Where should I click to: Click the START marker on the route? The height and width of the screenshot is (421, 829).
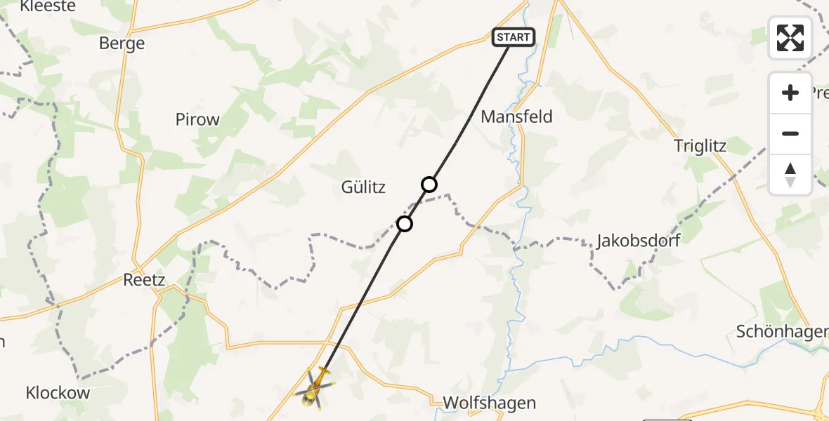click(x=514, y=37)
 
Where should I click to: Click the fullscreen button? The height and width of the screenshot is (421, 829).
click(x=790, y=38)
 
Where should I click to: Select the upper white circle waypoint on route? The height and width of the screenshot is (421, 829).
click(x=429, y=185)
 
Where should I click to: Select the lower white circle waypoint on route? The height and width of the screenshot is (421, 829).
click(x=405, y=224)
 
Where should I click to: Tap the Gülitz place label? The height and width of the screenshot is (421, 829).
click(x=363, y=187)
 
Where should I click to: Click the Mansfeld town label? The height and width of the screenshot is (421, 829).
click(x=516, y=116)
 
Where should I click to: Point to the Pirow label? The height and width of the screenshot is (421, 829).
click(x=197, y=119)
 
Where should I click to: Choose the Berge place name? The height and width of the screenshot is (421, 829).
click(x=122, y=44)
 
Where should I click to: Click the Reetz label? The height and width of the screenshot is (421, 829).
click(x=143, y=280)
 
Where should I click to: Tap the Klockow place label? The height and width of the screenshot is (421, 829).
click(x=58, y=393)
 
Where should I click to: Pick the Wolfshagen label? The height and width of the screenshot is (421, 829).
click(x=490, y=403)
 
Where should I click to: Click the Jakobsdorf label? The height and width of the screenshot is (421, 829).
click(x=638, y=241)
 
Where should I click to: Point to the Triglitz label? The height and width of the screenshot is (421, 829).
click(x=700, y=146)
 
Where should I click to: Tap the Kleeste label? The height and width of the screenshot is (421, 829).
click(x=48, y=6)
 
